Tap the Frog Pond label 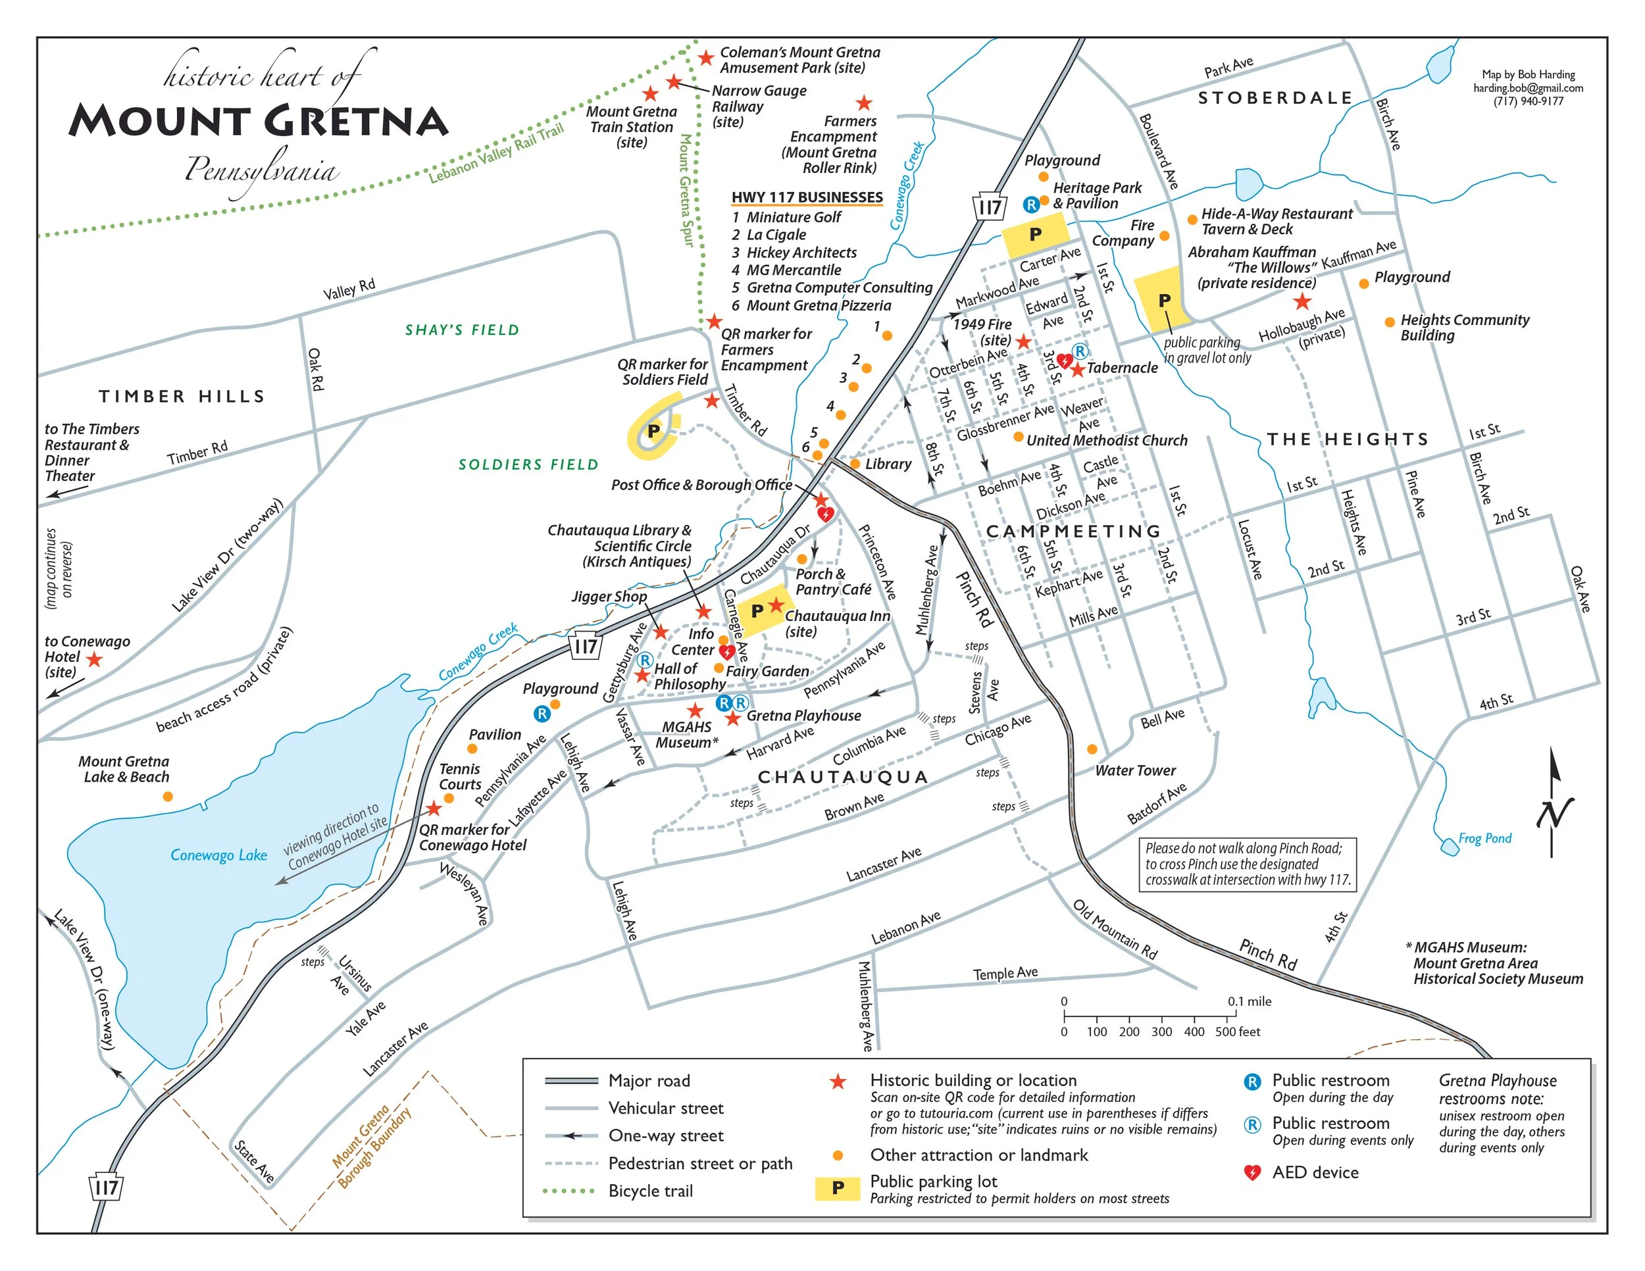coord(1484,838)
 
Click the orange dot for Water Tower coord(1092,749)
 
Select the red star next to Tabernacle coord(1077,369)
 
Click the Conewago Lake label coord(218,855)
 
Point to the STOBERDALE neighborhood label coord(1275,98)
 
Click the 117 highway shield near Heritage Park coord(989,207)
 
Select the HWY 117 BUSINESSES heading coord(807,197)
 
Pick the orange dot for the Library coord(855,464)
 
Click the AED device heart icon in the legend coord(1252,1172)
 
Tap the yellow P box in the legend coord(837,1187)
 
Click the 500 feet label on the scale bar coord(1237,1032)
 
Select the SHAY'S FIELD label coord(462,330)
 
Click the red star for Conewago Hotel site coord(94,660)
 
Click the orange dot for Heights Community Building coord(1390,322)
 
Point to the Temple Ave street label coord(1005,973)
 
